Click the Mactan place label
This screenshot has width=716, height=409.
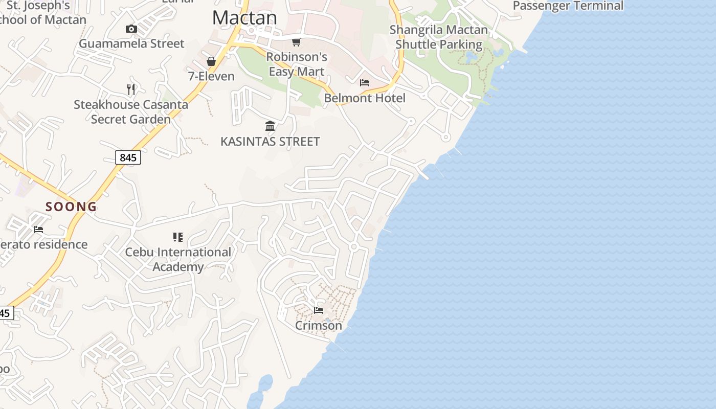(x=244, y=17)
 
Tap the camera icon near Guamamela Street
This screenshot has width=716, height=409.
(x=131, y=29)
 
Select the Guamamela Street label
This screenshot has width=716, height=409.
(x=131, y=43)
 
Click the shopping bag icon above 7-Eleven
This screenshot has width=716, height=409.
(x=211, y=61)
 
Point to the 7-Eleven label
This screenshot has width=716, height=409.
(x=211, y=76)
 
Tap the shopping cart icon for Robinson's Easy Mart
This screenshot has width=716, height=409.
(x=296, y=42)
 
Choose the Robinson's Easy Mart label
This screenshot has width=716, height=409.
(x=297, y=64)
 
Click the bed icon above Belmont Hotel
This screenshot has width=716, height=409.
(x=365, y=83)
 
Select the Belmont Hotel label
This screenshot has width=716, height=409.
(x=365, y=98)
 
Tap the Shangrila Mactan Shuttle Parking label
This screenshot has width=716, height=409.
(x=439, y=37)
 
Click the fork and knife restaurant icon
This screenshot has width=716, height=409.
(x=131, y=89)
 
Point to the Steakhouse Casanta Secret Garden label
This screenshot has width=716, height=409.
(x=131, y=112)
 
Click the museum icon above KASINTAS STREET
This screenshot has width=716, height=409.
(x=270, y=126)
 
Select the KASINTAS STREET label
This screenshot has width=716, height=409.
(x=270, y=141)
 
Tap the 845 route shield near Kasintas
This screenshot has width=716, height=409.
(x=128, y=157)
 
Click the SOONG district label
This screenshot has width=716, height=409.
(x=71, y=207)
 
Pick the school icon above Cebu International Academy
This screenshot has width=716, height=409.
(x=178, y=237)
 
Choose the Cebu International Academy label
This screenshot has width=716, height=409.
(x=178, y=259)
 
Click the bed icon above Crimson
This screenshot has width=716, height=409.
(x=319, y=310)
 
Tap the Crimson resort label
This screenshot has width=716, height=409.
(x=319, y=325)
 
